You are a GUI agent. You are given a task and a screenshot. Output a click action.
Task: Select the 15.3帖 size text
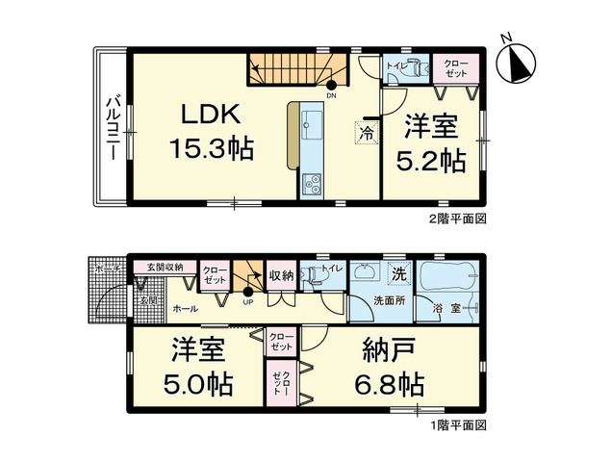(213, 149)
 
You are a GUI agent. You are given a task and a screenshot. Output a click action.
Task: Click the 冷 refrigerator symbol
(367, 134)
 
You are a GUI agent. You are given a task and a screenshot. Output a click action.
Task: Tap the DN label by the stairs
(331, 95)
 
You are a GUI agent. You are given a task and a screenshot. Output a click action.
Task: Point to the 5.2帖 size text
(431, 160)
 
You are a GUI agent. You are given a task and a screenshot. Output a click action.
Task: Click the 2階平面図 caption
(457, 218)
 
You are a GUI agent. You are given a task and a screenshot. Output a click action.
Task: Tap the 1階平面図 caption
(457, 424)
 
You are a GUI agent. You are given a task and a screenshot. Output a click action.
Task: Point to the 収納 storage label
(281, 273)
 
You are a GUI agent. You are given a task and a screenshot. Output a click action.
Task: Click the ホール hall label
(186, 309)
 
